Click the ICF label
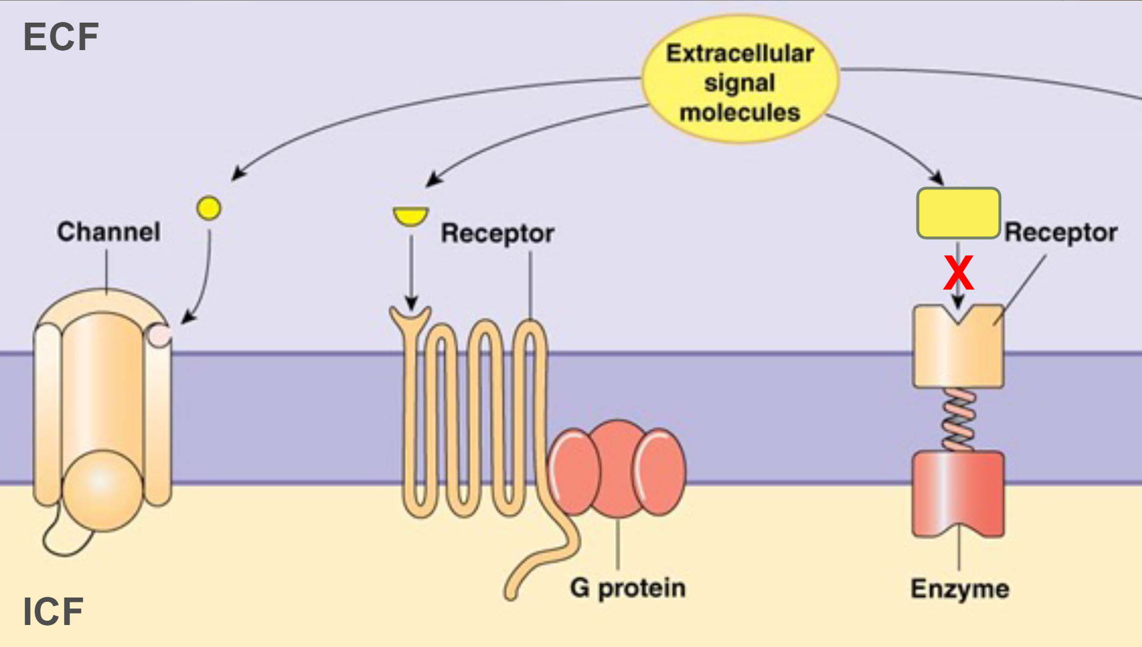tap(53, 612)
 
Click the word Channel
tap(109, 232)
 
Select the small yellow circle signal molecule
tap(208, 208)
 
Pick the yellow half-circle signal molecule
tap(410, 216)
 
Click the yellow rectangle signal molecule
tap(958, 213)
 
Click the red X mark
tap(958, 273)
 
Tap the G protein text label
tap(627, 588)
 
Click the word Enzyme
tap(959, 589)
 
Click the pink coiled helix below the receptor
tap(958, 420)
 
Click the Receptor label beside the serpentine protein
tap(497, 233)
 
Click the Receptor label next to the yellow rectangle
tap(1061, 233)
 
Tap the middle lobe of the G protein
tap(617, 467)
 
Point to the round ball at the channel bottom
tap(101, 489)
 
